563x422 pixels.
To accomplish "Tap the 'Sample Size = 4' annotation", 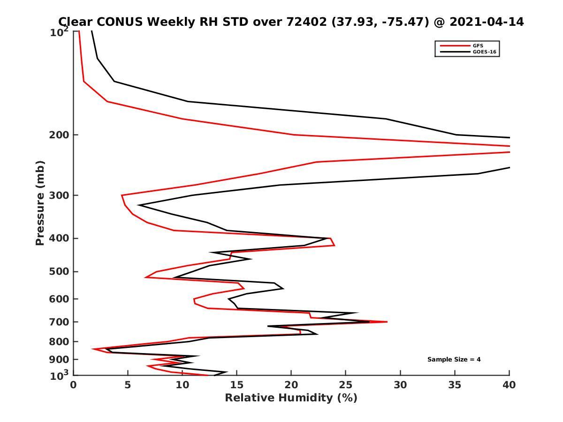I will click(454, 360).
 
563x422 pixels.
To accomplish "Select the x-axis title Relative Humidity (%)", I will click(291, 398).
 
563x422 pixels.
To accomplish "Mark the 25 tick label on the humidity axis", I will click(346, 385).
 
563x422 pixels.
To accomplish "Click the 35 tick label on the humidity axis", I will click(455, 385).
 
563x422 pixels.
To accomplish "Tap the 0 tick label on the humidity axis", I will click(73, 385).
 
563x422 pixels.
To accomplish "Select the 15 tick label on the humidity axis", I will click(237, 385).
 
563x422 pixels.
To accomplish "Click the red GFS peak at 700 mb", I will click(387, 322).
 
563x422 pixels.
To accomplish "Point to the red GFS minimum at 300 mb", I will click(122, 195).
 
